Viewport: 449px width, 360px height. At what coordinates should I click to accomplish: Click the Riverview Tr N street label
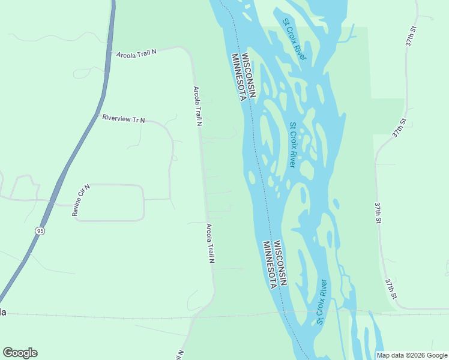pyautogui.click(x=124, y=119)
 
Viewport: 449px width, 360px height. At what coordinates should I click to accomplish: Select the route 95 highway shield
pyautogui.click(x=40, y=231)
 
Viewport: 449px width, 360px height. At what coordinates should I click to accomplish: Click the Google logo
pyautogui.click(x=20, y=353)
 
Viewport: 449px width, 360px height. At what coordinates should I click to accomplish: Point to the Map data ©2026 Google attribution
pyautogui.click(x=412, y=355)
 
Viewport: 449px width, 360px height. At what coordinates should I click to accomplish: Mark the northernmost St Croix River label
pyautogui.click(x=294, y=38)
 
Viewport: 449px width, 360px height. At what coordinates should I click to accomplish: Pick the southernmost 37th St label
pyautogui.click(x=391, y=289)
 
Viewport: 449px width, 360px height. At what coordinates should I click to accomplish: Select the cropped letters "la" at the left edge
pyautogui.click(x=3, y=312)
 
